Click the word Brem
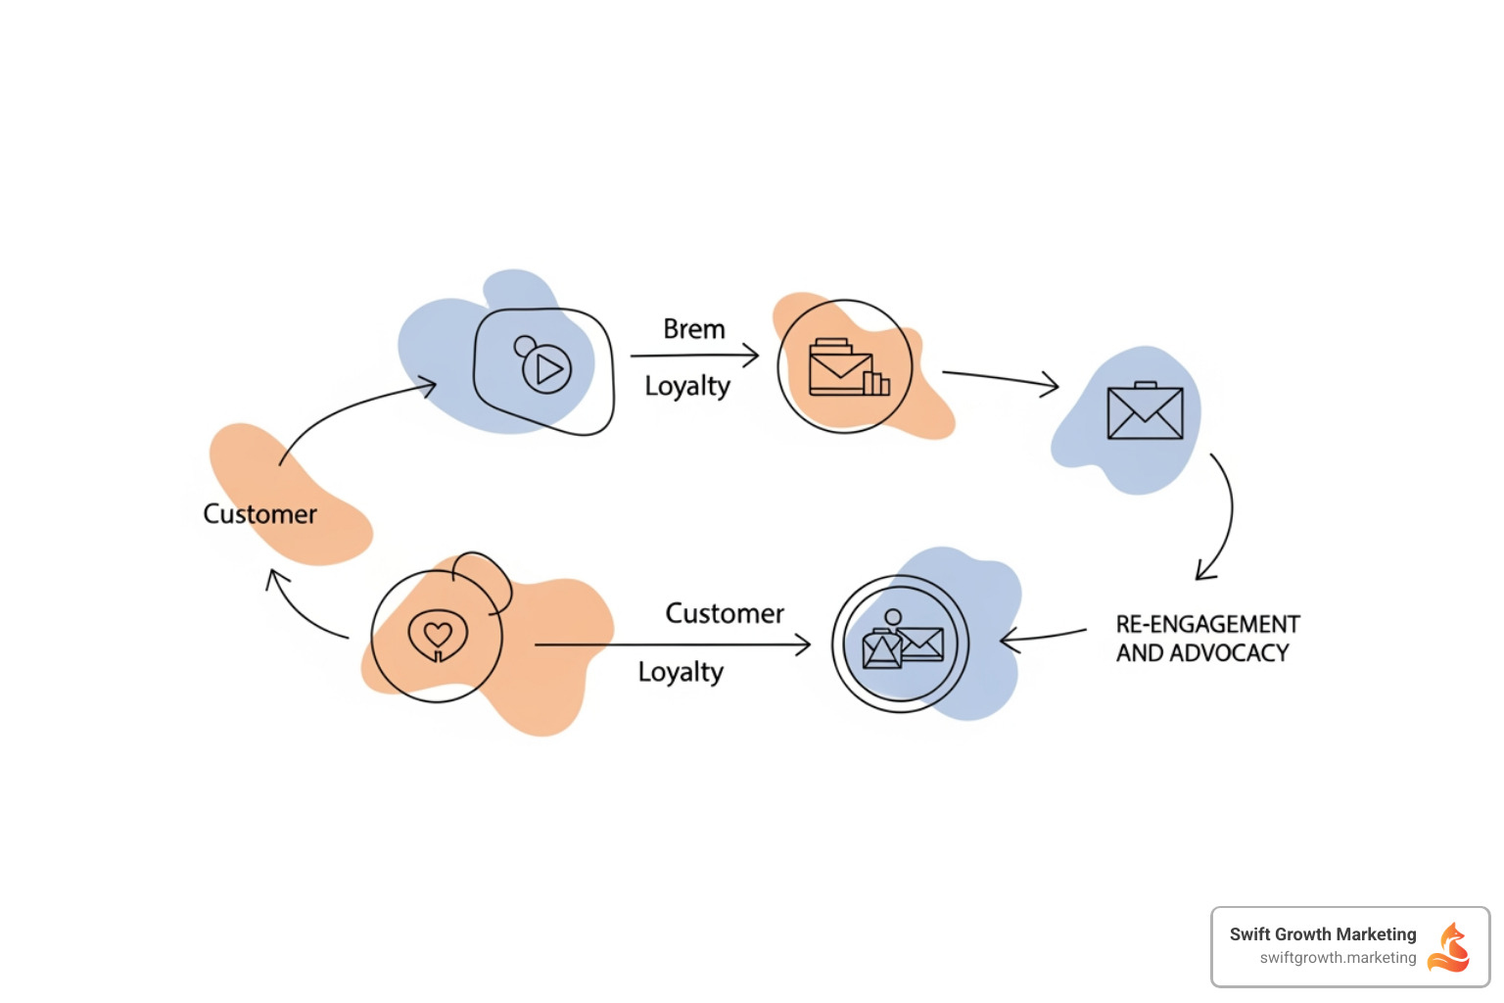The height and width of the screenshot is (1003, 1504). coord(693,329)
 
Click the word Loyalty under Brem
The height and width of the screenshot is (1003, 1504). coord(687,387)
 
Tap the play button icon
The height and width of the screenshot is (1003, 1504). coord(546,369)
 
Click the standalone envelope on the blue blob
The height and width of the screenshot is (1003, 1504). coord(1145,411)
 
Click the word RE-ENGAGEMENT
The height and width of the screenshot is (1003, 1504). coord(1207,625)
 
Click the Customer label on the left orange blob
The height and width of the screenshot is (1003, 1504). coord(259,514)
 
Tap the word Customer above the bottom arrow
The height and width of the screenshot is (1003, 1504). coord(725,614)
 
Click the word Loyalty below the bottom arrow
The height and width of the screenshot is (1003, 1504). coord(681,673)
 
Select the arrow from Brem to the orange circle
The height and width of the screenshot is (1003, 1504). coord(694,356)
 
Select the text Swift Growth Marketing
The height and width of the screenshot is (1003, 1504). coord(1322,934)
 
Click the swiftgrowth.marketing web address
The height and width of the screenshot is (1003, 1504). coord(1338,958)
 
